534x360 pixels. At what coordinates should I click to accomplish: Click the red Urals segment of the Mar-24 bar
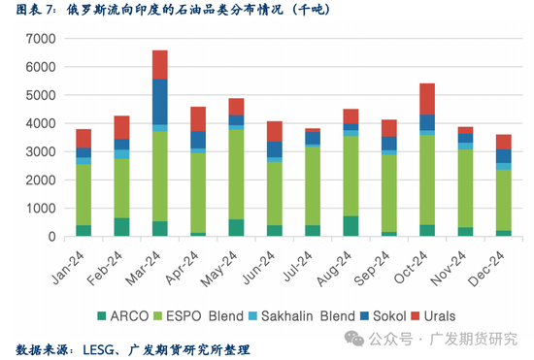pyautogui.click(x=160, y=64)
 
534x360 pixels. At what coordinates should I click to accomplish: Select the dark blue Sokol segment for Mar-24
pyautogui.click(x=160, y=101)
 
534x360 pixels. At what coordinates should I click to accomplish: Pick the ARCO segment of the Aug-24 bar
pyautogui.click(x=350, y=226)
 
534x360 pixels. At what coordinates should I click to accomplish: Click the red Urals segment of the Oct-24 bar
pyautogui.click(x=425, y=99)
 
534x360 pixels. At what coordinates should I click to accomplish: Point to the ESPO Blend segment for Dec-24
pyautogui.click(x=501, y=200)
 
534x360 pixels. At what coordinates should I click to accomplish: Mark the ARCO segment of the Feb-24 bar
pyautogui.click(x=122, y=227)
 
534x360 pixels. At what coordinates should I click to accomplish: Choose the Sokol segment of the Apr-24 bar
pyautogui.click(x=198, y=140)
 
